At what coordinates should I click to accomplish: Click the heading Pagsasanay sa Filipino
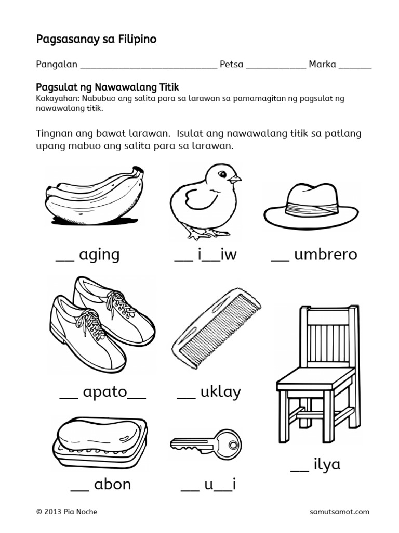pos(96,39)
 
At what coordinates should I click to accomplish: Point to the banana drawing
pos(94,195)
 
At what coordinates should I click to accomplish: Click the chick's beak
pos(235,178)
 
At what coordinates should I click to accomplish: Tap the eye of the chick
pos(222,174)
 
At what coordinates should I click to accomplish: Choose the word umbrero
pos(326,255)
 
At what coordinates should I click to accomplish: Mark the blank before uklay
pos(186,398)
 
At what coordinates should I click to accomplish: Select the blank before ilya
pos(300,469)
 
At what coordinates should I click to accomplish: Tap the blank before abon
pos(79,490)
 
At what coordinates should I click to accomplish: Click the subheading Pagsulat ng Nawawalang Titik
pos(108,87)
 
